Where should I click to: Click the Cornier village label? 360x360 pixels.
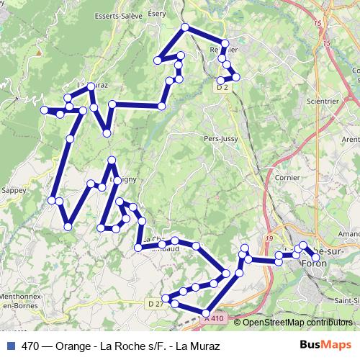[288, 176]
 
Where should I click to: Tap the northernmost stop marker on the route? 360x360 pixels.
[185, 27]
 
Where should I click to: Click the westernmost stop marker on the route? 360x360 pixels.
[44, 109]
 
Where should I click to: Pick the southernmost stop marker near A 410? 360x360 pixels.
[206, 311]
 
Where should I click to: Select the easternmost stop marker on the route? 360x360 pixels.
[315, 258]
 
